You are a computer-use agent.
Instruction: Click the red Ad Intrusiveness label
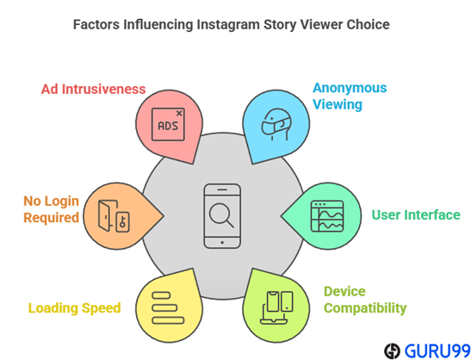tap(93, 90)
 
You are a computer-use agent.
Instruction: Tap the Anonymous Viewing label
tap(350, 96)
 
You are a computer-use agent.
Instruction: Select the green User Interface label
tap(416, 215)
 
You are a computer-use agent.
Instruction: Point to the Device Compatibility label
tap(365, 300)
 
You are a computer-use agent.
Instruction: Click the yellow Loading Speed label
tap(75, 308)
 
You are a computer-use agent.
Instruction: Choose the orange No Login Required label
tap(52, 209)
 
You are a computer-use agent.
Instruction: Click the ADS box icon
tap(168, 124)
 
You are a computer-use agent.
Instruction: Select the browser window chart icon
tap(327, 216)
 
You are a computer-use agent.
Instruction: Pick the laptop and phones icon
tap(276, 307)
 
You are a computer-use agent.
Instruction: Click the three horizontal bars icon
tap(168, 307)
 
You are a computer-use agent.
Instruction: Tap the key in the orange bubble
tap(122, 222)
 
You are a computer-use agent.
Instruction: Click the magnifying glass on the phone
tap(221, 215)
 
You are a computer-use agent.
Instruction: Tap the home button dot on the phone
tap(222, 243)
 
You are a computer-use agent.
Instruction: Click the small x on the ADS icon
tap(179, 114)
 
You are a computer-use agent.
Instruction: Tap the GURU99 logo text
tap(437, 351)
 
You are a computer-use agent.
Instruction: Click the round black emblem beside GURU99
tap(392, 351)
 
